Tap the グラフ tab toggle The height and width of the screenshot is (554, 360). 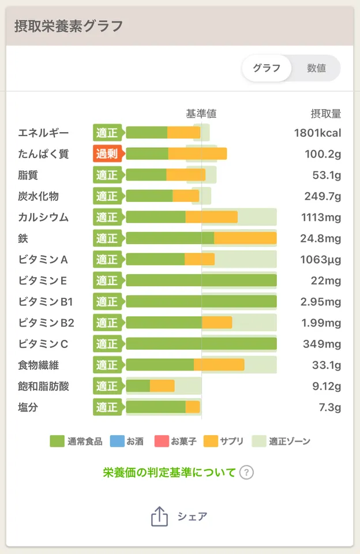pyautogui.click(x=267, y=68)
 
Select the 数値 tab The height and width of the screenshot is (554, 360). pyautogui.click(x=316, y=68)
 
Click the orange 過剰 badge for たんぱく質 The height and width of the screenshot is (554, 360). pyautogui.click(x=107, y=154)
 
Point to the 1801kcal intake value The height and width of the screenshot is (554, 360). pyautogui.click(x=317, y=133)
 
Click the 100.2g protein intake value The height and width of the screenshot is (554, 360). pyautogui.click(x=323, y=154)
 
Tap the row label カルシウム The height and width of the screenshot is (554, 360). pyautogui.click(x=43, y=217)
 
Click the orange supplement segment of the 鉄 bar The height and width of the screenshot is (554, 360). pyautogui.click(x=245, y=238)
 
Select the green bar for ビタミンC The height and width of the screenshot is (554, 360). pyautogui.click(x=201, y=344)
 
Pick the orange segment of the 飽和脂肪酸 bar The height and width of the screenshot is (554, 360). pyautogui.click(x=162, y=386)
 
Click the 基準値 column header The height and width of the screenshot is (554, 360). pyautogui.click(x=201, y=114)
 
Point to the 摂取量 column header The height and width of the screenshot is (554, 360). pyautogui.click(x=326, y=114)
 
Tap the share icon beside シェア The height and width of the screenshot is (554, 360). pyautogui.click(x=159, y=516)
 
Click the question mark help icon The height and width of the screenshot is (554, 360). pyautogui.click(x=246, y=473)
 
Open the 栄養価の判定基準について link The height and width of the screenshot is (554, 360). pyautogui.click(x=170, y=473)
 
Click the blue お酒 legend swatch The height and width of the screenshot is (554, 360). pyautogui.click(x=115, y=441)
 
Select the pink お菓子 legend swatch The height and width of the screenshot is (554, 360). pyautogui.click(x=161, y=441)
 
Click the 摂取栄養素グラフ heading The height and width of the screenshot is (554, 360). pyautogui.click(x=69, y=26)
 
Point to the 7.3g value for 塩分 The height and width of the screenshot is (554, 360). pyautogui.click(x=330, y=407)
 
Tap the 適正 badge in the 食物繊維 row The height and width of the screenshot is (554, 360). pyautogui.click(x=107, y=365)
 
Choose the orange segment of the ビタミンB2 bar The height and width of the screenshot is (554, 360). pyautogui.click(x=217, y=323)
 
